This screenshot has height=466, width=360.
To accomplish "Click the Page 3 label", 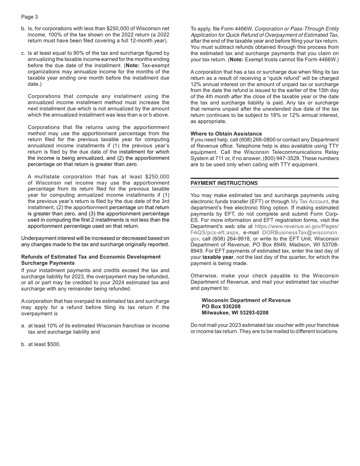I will (x=30, y=17).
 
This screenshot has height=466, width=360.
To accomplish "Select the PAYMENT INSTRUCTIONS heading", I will (x=224, y=183).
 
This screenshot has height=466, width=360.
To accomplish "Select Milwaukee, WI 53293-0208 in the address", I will (x=235, y=313).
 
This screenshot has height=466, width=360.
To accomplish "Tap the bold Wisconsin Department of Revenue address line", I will (x=246, y=300).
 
